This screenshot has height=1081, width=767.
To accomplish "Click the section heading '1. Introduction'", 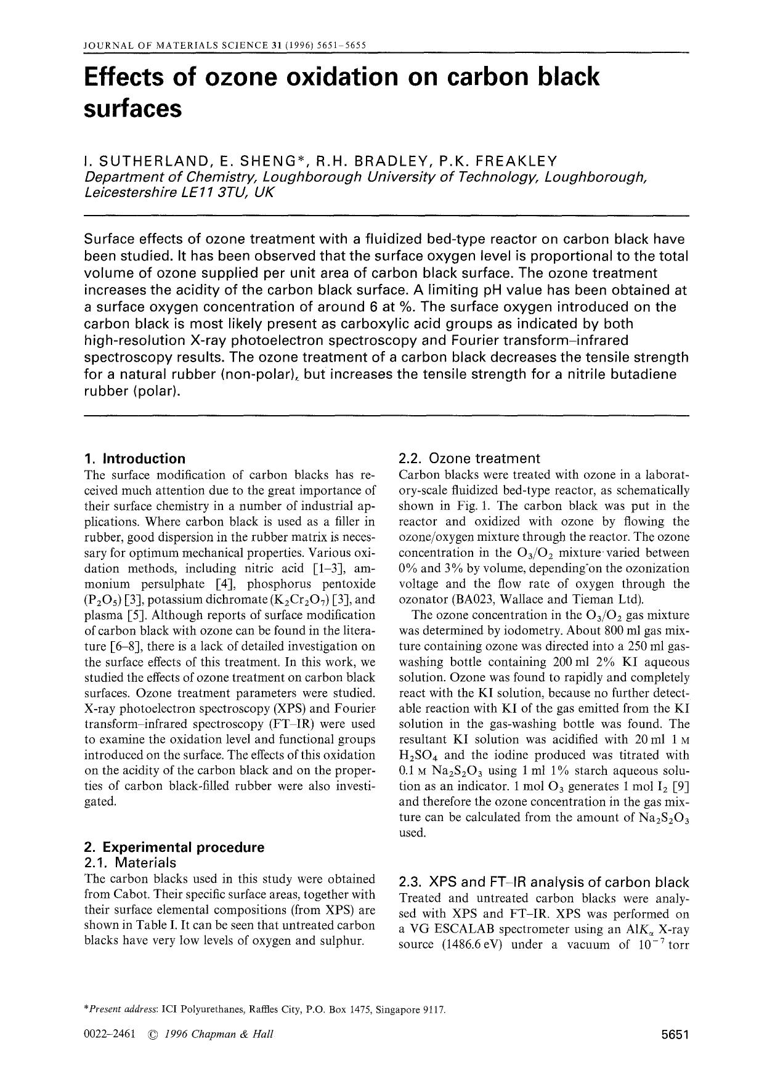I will point(134,458).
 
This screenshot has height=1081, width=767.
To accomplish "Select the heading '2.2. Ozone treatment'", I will point(469,458).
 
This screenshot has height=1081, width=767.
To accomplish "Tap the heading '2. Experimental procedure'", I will point(174,847).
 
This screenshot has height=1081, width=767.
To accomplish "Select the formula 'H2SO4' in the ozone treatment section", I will point(419,756).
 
